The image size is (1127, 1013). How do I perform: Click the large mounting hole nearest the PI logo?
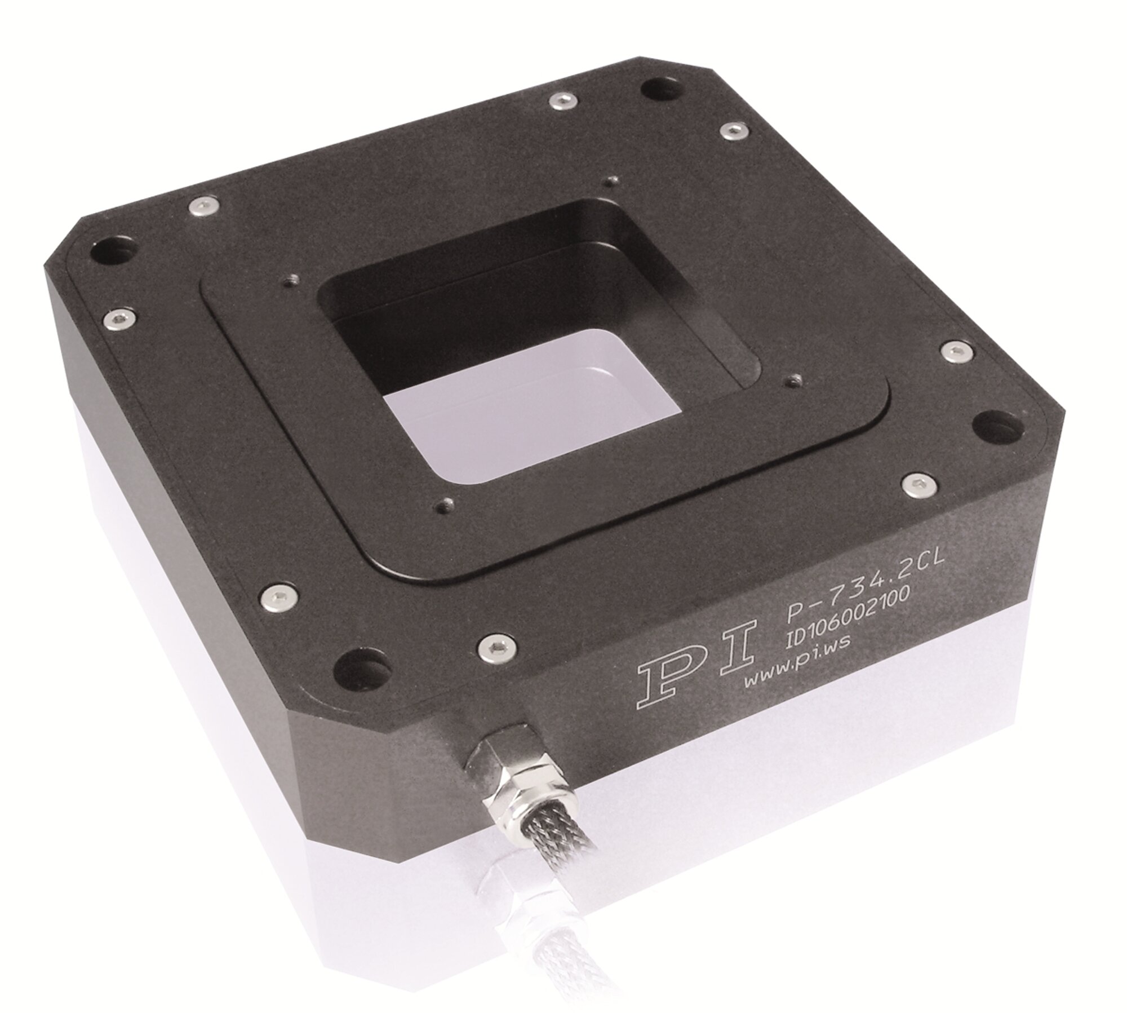tap(362, 673)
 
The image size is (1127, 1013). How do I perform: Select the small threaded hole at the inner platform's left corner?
tap(292, 280)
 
